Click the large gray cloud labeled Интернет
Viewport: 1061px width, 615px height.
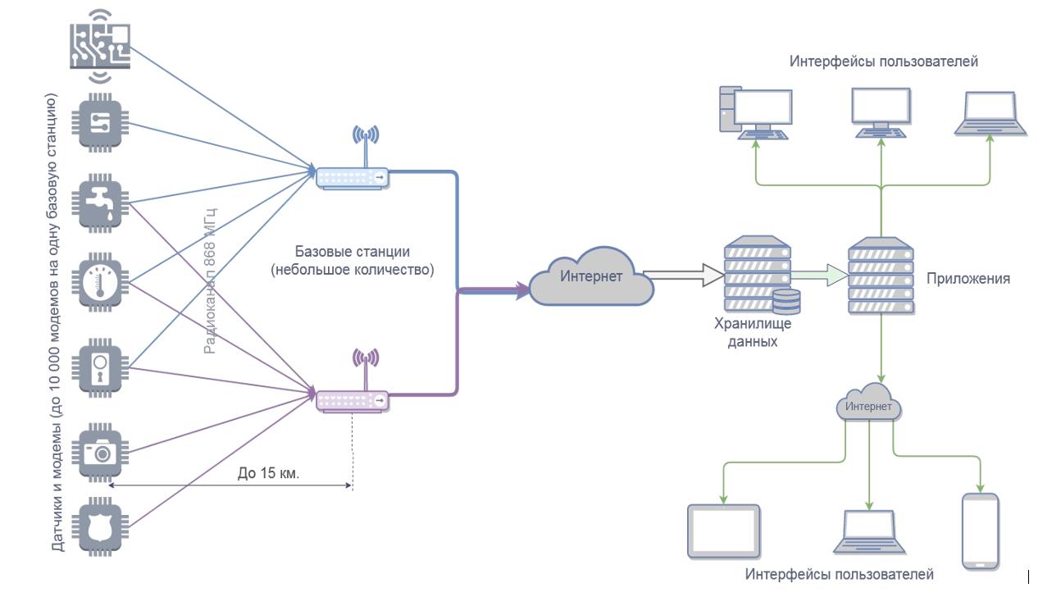coord(591,279)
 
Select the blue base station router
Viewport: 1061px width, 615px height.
coord(353,177)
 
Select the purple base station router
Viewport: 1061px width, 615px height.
coord(353,399)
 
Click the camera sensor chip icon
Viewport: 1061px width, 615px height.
coord(102,450)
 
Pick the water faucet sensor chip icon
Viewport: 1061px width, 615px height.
coord(102,203)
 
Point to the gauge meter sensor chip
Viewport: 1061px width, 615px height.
coord(102,283)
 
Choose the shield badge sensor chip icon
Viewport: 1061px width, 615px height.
coord(102,526)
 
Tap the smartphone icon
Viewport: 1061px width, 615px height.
coord(980,531)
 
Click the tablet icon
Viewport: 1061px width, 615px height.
coord(723,531)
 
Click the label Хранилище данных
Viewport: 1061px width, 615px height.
coord(752,332)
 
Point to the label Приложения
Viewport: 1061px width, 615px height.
coord(968,279)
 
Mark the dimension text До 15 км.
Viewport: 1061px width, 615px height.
coord(268,473)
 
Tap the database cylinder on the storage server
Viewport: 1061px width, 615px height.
coord(786,302)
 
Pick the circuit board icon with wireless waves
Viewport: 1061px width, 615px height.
coord(99,46)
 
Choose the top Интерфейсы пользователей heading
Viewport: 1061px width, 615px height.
coord(883,61)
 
